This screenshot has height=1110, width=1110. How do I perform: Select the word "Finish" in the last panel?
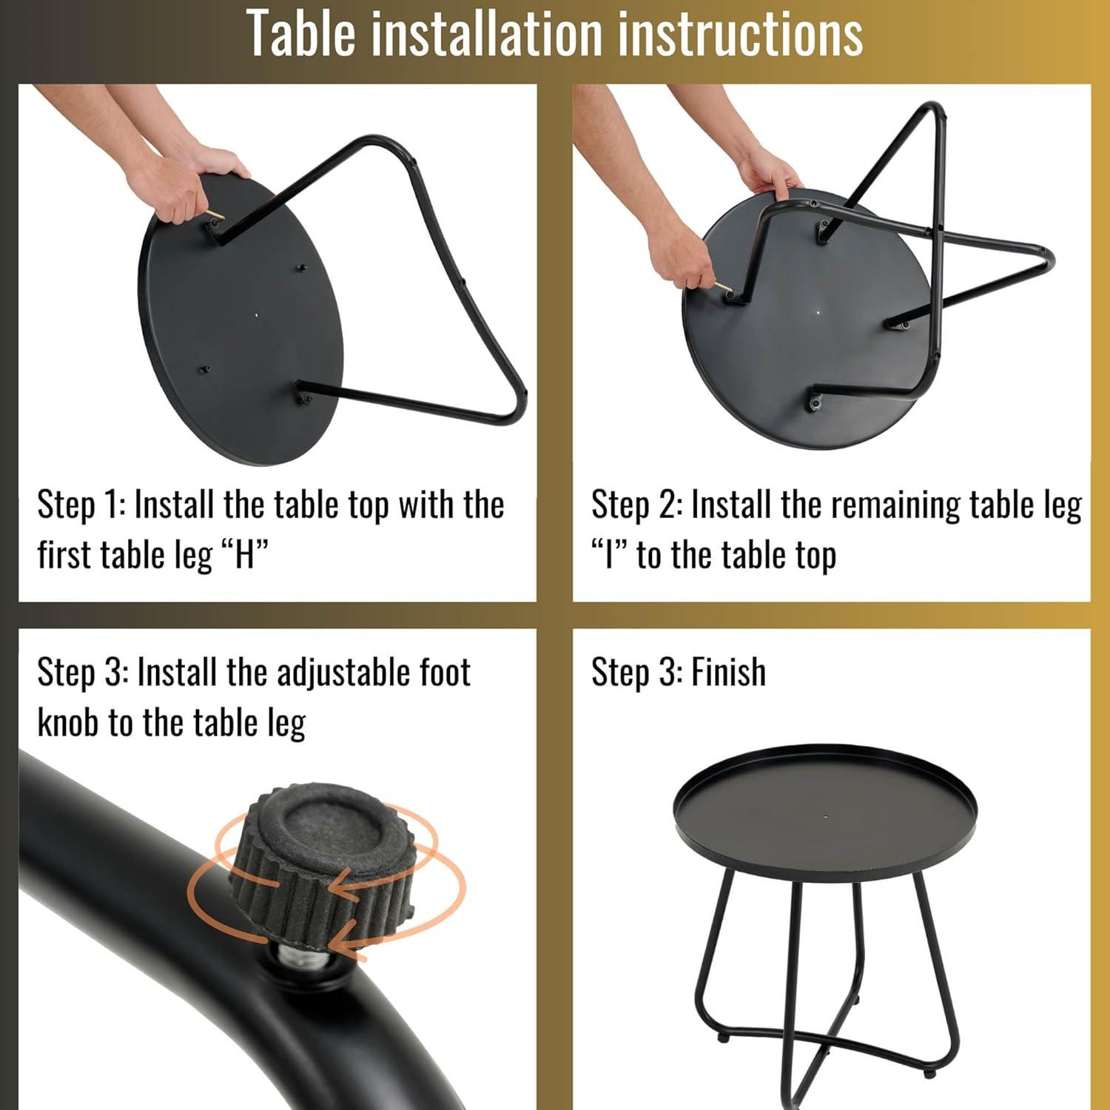pyautogui.click(x=728, y=672)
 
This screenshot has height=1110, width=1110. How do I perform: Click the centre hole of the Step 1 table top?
pyautogui.click(x=257, y=314)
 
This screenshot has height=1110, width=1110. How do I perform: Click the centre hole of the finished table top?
pyautogui.click(x=826, y=818)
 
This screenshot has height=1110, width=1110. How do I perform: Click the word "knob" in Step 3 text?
pyautogui.click(x=68, y=722)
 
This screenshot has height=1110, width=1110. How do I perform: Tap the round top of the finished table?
pyautogui.click(x=826, y=808)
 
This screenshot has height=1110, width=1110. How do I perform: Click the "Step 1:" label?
pyautogui.click(x=81, y=505)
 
